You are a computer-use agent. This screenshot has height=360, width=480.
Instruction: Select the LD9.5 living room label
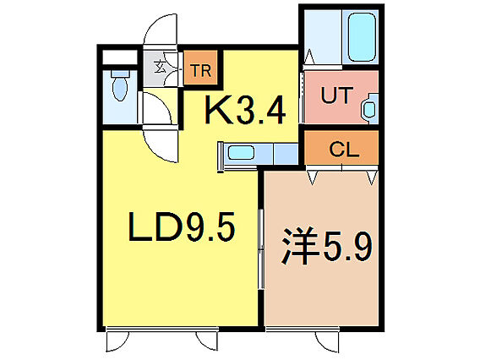click(180, 226)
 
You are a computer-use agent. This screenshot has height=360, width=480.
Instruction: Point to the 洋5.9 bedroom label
click(325, 248)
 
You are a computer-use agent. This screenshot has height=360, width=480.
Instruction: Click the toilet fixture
click(119, 88)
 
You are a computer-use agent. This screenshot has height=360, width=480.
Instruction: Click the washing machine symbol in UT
click(371, 109)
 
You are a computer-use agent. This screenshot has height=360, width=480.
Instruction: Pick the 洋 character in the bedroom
click(297, 248)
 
